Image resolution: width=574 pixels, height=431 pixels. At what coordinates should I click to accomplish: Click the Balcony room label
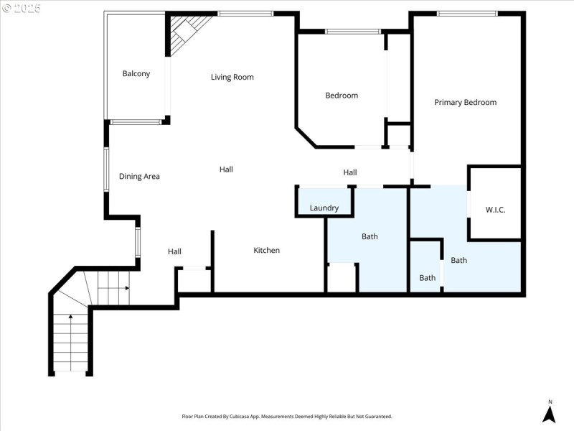point(136,73)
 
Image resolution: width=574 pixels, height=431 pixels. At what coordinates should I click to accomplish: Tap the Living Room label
point(232,77)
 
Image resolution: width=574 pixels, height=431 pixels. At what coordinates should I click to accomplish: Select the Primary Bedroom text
point(465,102)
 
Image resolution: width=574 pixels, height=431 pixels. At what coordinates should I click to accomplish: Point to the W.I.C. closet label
point(495,210)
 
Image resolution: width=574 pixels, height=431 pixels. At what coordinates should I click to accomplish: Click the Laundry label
point(324,208)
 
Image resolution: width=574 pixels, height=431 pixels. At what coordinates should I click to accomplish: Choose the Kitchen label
point(266,250)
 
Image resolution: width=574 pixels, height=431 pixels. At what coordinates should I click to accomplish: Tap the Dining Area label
point(139,176)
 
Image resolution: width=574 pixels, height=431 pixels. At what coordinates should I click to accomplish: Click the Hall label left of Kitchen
point(174,251)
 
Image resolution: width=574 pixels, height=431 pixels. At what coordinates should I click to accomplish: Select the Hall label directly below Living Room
point(226,170)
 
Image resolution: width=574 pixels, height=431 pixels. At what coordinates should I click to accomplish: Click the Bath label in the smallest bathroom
point(427,278)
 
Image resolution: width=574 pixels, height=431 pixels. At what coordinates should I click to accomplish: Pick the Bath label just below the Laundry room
point(370,236)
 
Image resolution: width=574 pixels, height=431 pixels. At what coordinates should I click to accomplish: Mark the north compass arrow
point(549,413)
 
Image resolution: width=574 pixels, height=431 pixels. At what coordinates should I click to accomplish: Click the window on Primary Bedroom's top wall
point(467,13)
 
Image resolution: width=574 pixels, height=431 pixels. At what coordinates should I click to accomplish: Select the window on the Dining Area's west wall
point(106,170)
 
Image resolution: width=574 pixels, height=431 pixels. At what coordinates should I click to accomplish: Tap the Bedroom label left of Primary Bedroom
point(341,96)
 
